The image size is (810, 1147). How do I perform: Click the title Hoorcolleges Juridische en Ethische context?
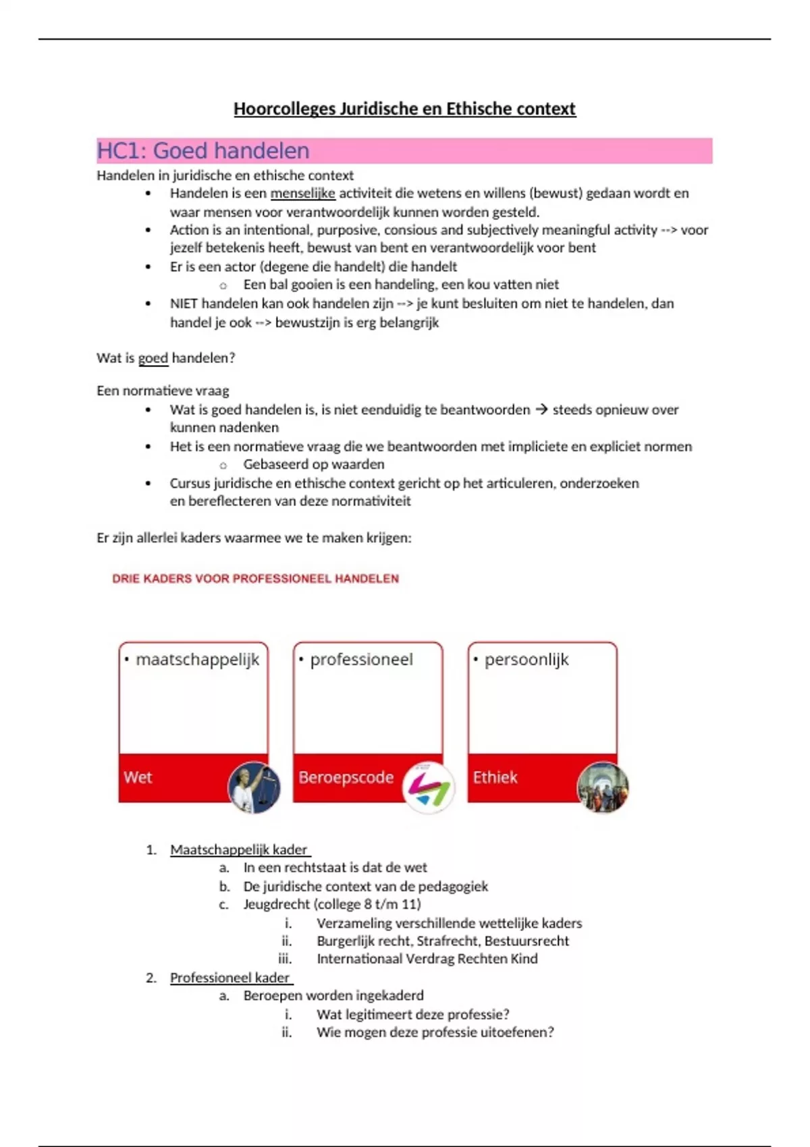pos(404,109)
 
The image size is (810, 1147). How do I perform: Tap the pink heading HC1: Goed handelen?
pos(203,150)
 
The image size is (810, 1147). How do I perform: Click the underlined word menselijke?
pos(302,194)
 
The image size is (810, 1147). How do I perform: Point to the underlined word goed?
pos(153,358)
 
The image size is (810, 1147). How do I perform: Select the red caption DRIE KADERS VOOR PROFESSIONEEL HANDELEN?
pos(255,579)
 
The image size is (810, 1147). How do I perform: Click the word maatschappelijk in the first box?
pos(197,659)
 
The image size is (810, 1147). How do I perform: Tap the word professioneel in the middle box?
pos(361,659)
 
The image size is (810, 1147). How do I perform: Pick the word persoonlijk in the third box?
pos(526,659)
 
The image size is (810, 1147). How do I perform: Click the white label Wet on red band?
pos(138,777)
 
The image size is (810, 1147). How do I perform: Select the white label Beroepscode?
pos(346,777)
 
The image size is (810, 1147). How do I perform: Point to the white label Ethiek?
pos(495,777)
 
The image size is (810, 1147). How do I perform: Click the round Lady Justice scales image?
pos(254,787)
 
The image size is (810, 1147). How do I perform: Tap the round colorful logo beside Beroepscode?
pos(428,787)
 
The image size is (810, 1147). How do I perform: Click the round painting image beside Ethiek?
pos(603,787)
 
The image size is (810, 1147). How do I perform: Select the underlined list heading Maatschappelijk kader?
pos(239,850)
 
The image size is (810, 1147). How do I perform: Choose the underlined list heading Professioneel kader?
pos(230,978)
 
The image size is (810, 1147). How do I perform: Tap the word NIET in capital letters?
pos(184,304)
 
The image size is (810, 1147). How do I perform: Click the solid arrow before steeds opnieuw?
pos(541,410)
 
